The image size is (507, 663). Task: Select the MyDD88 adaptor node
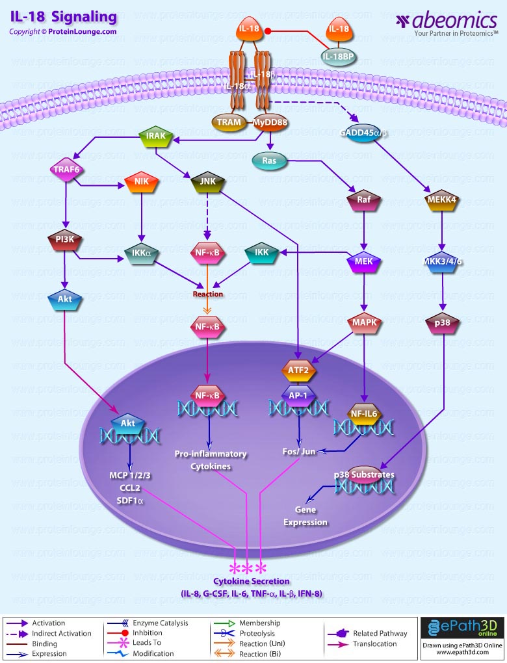pyautogui.click(x=270, y=122)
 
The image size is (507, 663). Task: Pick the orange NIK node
pyautogui.click(x=138, y=183)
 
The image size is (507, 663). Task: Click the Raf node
pyautogui.click(x=364, y=200)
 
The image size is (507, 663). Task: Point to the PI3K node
pyautogui.click(x=63, y=241)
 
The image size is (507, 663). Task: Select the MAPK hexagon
pyautogui.click(x=364, y=323)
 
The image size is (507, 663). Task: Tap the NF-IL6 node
pyautogui.click(x=364, y=412)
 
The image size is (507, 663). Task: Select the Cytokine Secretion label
pyautogui.click(x=252, y=581)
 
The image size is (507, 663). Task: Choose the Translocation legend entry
pyautogui.click(x=374, y=643)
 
